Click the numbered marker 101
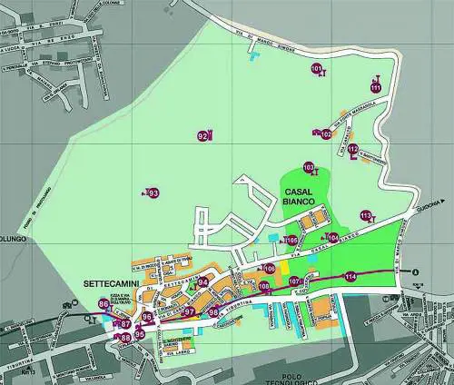pyautogui.click(x=316, y=69)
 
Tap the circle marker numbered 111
pyautogui.click(x=376, y=87)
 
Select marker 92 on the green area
pyautogui.click(x=202, y=136)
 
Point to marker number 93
pyautogui.click(x=153, y=193)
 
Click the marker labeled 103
pyautogui.click(x=310, y=168)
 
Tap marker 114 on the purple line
pyautogui.click(x=350, y=276)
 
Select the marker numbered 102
pyautogui.click(x=326, y=134)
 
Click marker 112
pyautogui.click(x=352, y=149)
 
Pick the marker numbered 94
pyautogui.click(x=202, y=282)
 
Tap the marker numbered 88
pyautogui.click(x=125, y=339)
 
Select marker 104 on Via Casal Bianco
pyautogui.click(x=333, y=237)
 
